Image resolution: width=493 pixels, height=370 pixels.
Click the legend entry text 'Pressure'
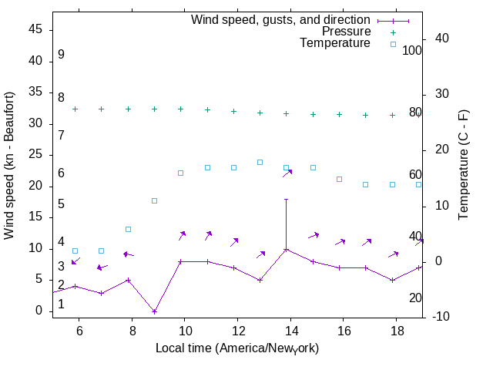pos(346,32)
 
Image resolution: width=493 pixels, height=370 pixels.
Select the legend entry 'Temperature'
pos(335,44)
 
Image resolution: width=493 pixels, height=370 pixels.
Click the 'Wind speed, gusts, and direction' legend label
pos(280,19)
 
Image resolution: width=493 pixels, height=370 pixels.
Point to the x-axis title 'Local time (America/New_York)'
pos(237,348)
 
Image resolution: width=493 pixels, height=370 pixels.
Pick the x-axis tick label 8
pos(132,330)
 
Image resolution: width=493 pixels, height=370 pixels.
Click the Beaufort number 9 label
pos(61,55)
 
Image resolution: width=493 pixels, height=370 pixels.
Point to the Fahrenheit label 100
pos(412,50)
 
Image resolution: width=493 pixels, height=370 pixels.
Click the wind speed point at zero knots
pos(154,311)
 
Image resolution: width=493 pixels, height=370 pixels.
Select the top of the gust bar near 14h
pos(286,199)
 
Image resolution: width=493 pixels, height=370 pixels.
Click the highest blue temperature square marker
pos(260,162)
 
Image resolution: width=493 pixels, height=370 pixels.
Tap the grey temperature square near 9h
pos(154,200)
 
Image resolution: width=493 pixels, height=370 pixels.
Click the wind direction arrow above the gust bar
pos(287,173)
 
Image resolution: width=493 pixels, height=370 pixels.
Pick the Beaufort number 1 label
pos(61,304)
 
